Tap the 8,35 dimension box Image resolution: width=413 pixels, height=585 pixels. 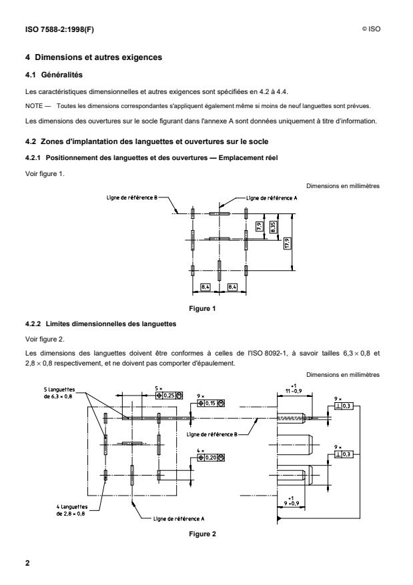[x=272, y=227]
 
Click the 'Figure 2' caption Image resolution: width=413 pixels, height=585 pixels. [x=205, y=534]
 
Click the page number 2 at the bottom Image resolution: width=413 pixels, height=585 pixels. [x=27, y=563]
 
